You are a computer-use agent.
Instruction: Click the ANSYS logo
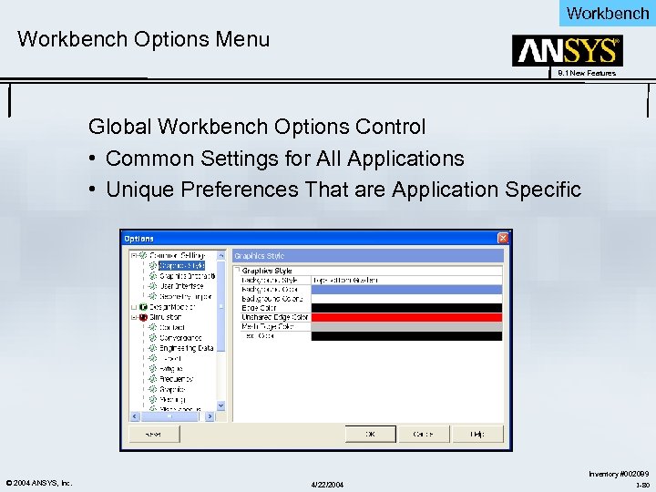[x=567, y=51]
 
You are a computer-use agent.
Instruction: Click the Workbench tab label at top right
[x=607, y=13]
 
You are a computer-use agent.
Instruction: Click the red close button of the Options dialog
[x=502, y=239]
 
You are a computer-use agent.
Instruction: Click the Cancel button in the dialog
[x=423, y=435]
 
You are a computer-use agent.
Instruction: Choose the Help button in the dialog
[x=476, y=435]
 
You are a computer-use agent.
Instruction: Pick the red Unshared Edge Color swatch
[x=406, y=317]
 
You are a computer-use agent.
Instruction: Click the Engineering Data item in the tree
[x=187, y=348]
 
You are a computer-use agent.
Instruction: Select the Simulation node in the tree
[x=165, y=317]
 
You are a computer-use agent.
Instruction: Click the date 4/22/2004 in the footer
[x=328, y=483]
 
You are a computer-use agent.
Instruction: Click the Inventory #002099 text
[x=619, y=474]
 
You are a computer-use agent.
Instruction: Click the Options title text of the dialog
[x=139, y=239]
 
